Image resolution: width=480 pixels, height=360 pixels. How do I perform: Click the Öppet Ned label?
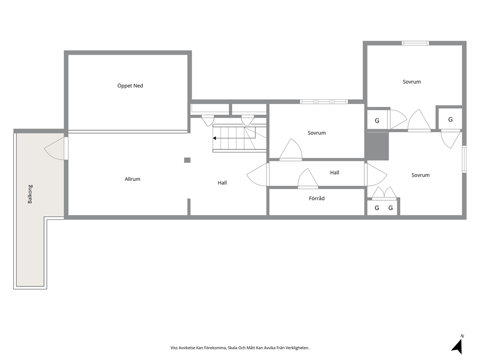tap(130, 86)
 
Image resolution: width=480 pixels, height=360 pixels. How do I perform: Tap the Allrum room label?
tap(133, 179)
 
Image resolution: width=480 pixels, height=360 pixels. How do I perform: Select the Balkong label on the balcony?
tap(30, 194)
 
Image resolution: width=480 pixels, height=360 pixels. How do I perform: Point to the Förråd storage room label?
tap(316, 198)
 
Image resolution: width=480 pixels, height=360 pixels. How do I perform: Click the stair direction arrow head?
tap(214, 138)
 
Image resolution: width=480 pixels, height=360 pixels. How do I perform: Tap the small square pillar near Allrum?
tap(187, 160)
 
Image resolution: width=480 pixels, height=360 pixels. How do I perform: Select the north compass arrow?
tap(458, 345)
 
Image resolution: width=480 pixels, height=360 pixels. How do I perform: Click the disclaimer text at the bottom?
tap(240, 348)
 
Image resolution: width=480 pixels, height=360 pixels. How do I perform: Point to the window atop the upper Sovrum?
tap(415, 43)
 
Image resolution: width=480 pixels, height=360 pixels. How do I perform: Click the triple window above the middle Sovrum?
tap(324, 102)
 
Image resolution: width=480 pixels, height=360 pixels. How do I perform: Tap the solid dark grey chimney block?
tap(377, 146)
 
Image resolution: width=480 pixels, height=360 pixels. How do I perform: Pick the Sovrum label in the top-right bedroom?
tap(411, 82)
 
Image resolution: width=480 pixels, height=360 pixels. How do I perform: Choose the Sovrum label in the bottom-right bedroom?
tap(420, 175)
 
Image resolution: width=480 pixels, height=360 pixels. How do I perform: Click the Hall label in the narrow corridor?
tap(334, 173)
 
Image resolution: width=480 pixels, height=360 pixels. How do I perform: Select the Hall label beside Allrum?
tap(222, 183)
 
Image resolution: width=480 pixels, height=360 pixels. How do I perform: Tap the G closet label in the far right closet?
tap(450, 120)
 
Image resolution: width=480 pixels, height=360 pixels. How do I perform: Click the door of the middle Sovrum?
tap(290, 150)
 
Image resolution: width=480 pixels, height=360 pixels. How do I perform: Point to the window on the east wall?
tap(464, 159)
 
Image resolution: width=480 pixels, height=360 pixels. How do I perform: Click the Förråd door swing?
tap(308, 178)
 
